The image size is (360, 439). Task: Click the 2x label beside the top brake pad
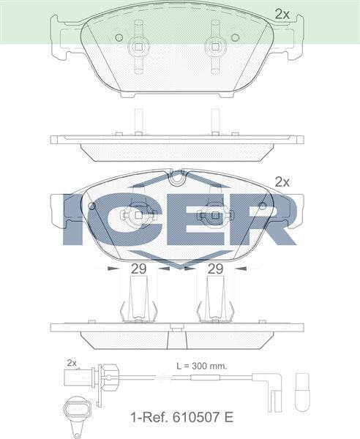click(x=282, y=13)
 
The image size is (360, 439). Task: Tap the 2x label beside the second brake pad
click(x=282, y=181)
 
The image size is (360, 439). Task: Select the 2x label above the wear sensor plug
click(x=72, y=363)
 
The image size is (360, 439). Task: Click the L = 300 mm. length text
click(x=202, y=364)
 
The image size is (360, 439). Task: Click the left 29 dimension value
click(x=138, y=269)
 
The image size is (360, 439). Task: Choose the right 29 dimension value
click(x=214, y=269)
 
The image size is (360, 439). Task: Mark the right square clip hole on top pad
click(x=215, y=47)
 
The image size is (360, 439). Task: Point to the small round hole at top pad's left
click(x=119, y=37)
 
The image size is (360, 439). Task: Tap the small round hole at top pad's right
click(x=234, y=37)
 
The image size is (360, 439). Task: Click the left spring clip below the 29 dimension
click(x=138, y=302)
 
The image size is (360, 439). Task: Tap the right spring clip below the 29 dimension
click(x=214, y=302)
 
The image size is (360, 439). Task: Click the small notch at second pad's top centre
click(x=176, y=176)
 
